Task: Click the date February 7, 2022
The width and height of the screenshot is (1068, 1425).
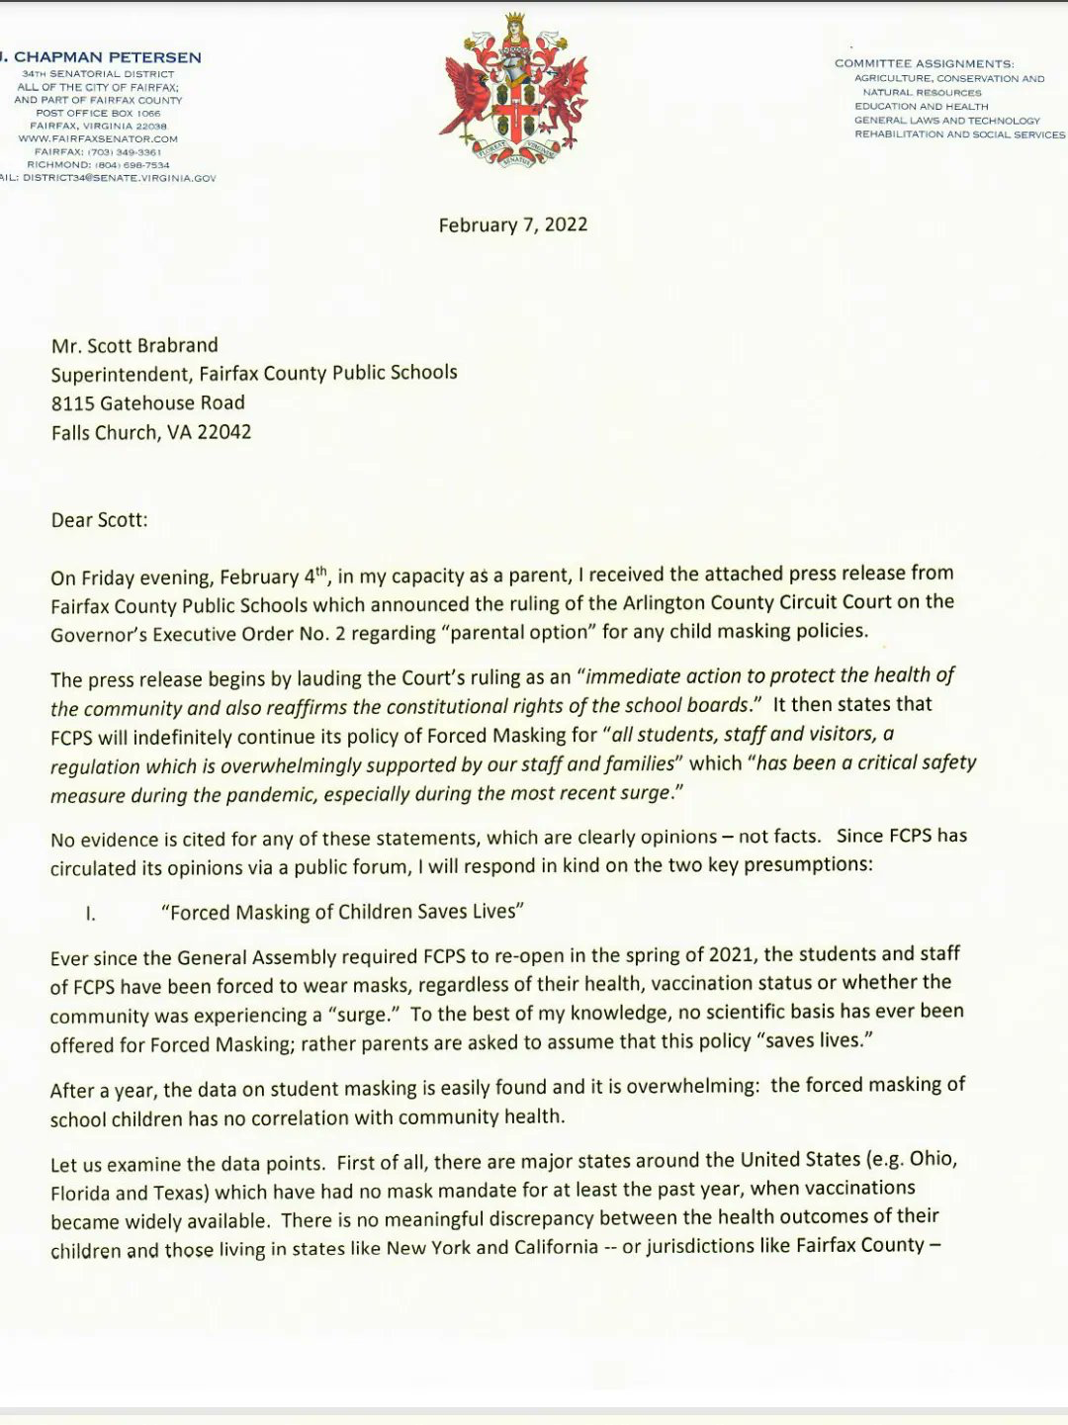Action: coord(512,225)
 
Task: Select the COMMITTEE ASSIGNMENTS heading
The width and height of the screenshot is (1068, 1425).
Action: coord(924,63)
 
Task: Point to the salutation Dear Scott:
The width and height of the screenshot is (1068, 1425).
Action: coord(99,520)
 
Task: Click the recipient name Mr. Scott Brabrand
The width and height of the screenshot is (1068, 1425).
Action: coord(134,346)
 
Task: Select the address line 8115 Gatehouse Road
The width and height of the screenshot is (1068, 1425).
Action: coord(148,402)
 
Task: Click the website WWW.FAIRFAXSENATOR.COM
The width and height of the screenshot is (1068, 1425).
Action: coord(98,139)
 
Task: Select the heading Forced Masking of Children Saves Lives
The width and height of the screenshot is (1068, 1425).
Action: coord(342,912)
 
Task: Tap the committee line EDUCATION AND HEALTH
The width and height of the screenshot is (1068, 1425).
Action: coord(921,107)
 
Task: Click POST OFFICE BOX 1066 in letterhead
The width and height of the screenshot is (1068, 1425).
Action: coord(98,114)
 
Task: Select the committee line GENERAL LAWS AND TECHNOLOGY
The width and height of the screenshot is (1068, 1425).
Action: coord(946,121)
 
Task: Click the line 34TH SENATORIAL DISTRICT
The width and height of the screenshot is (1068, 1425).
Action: coord(98,74)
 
